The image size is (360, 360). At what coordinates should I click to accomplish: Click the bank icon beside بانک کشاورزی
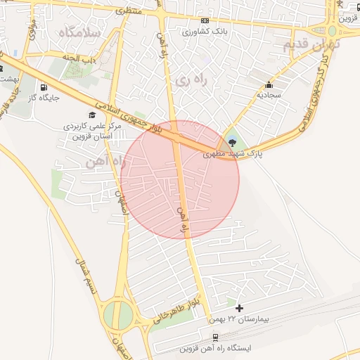click(205, 21)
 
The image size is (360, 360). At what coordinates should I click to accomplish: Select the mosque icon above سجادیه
click(268, 84)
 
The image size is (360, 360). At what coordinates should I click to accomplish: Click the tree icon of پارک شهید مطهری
click(233, 143)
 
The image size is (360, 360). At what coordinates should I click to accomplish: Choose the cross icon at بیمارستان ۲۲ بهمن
click(240, 308)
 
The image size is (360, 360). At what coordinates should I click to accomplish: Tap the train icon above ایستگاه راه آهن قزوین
click(215, 337)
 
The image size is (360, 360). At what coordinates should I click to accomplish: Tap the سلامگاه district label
click(79, 32)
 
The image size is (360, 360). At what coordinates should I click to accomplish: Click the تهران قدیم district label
click(310, 44)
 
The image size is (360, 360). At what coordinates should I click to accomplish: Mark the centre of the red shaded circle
click(180, 179)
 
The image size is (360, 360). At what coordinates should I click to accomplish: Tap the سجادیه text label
click(268, 94)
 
